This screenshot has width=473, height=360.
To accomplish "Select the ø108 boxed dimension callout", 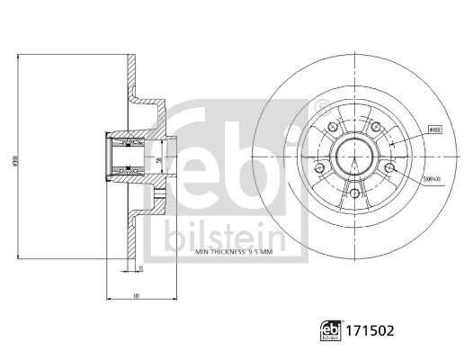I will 434,130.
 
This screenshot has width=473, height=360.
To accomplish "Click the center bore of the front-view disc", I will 353,158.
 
